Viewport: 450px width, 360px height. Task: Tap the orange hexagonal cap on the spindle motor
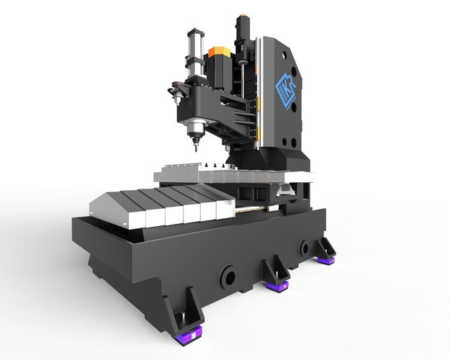click(217, 53)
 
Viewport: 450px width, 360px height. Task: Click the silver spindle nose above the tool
click(192, 134)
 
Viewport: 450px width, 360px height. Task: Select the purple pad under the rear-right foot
click(326, 257)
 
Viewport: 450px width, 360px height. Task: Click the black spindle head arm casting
click(216, 108)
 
